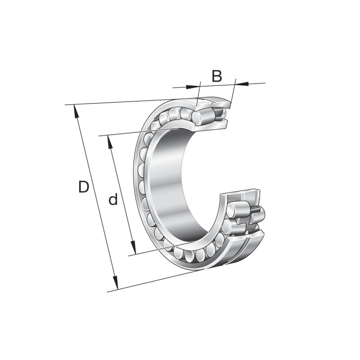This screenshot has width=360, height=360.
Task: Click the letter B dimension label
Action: click(x=217, y=76)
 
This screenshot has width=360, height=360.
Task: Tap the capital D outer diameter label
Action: click(x=84, y=187)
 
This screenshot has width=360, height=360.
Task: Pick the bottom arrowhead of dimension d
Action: click(x=134, y=248)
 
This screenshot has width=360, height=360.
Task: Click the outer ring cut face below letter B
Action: click(x=216, y=103)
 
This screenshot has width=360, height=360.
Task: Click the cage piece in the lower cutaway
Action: click(x=256, y=214)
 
